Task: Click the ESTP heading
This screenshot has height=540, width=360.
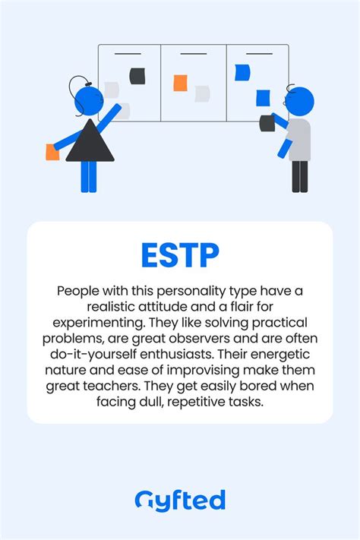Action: [x=179, y=254]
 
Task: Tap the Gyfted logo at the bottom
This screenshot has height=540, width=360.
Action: [x=179, y=501]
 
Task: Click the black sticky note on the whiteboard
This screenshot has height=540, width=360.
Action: [x=137, y=75]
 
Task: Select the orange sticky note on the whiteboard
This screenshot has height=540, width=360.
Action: [x=180, y=83]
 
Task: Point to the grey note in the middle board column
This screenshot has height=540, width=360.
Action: [x=202, y=93]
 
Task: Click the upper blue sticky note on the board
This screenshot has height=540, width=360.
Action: [x=242, y=72]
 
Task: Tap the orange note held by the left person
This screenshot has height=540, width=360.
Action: [x=52, y=151]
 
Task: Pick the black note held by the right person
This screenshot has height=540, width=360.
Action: [x=267, y=122]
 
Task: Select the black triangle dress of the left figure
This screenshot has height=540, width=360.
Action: [x=90, y=142]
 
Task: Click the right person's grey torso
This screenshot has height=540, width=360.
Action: [x=299, y=139]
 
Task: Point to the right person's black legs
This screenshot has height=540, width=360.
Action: [x=299, y=176]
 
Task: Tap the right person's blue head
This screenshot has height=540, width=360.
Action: [x=301, y=101]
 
